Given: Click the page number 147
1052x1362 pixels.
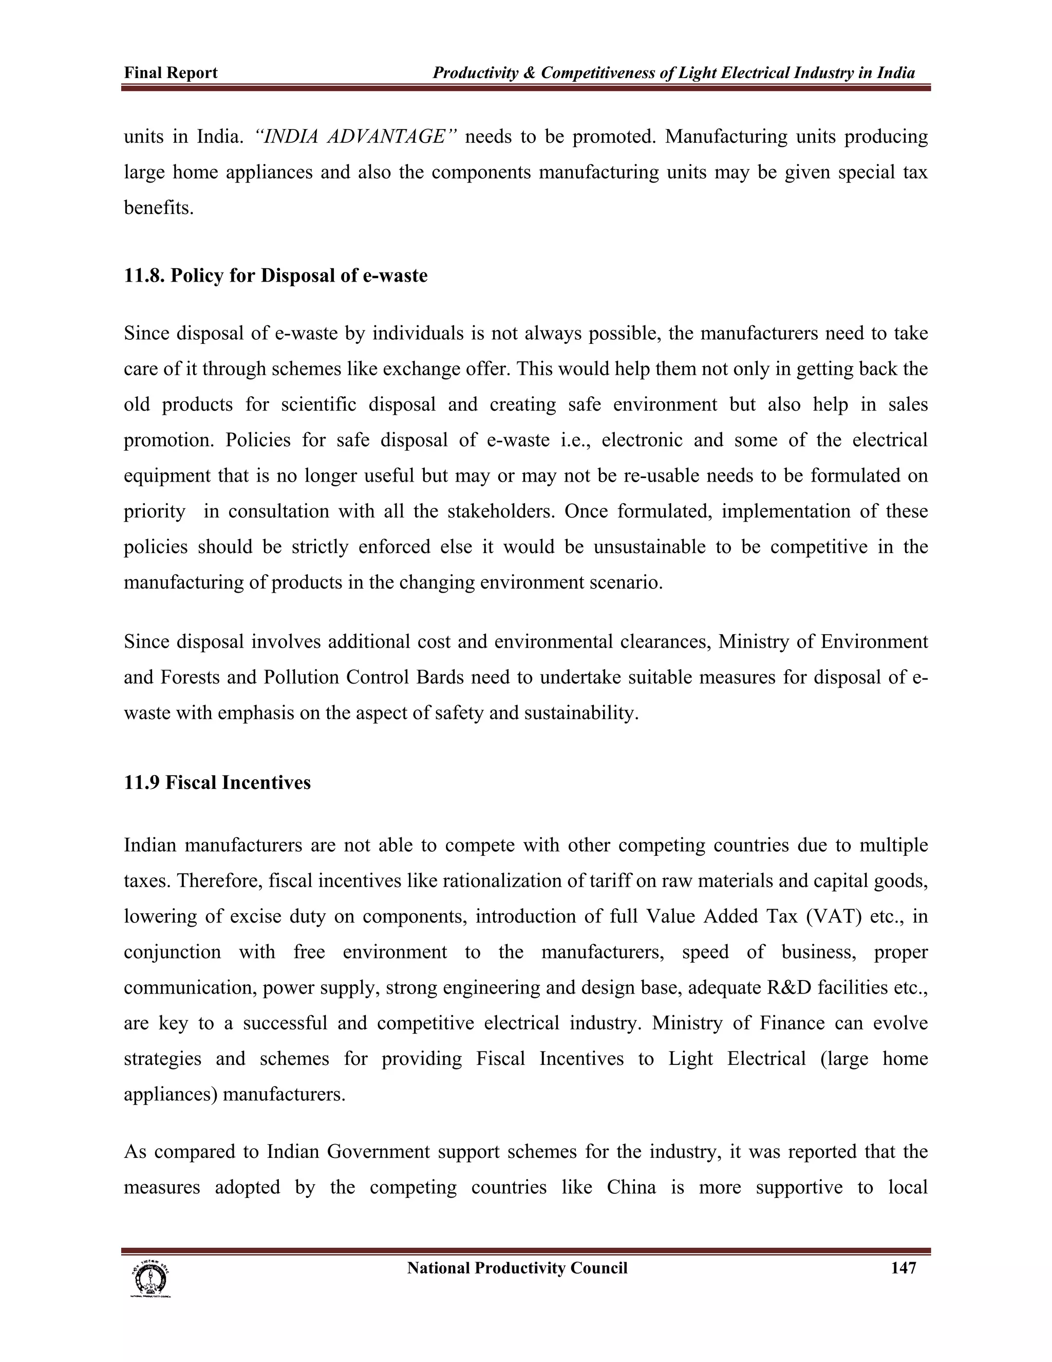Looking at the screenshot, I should tap(903, 1268).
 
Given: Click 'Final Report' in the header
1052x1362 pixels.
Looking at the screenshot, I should tap(171, 73).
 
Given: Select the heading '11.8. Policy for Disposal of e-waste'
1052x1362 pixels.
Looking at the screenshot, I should tap(275, 275).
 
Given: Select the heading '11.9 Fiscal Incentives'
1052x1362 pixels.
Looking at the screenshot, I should tap(217, 783).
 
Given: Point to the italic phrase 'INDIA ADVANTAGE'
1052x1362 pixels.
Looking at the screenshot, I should tap(357, 137).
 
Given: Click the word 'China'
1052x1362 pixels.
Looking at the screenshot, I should tap(631, 1187).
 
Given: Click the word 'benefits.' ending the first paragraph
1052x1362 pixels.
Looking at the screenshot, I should tap(159, 208).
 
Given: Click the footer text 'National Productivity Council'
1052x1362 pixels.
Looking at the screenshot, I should tap(517, 1268).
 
